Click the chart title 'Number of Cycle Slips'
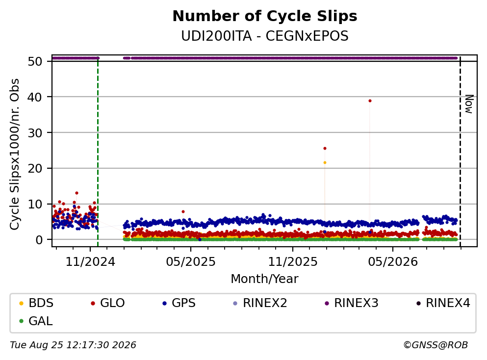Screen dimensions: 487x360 pos(265,16)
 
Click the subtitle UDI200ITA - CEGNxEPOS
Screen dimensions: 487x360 pos(265,36)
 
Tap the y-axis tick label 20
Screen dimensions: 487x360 pos(35,168)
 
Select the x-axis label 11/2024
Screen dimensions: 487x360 pos(90,262)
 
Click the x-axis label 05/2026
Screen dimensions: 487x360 pos(393,262)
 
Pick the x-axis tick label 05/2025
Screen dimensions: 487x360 pos(191,262)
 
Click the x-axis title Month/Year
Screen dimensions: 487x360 pos(265,279)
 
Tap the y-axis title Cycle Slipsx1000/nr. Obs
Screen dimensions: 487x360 pos(15,154)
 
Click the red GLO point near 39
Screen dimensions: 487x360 pos(370,101)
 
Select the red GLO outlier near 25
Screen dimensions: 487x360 pos(325,148)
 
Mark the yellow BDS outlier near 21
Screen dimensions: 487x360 pos(325,162)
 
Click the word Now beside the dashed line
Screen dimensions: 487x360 pos(469,104)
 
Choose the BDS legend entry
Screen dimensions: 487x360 pos(36,303)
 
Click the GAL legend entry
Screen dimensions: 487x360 pos(36,321)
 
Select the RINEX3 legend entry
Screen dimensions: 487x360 pos(351,303)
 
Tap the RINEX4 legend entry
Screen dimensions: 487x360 pos(443,303)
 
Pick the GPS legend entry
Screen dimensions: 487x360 pos(179,303)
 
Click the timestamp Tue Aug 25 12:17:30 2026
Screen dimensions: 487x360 pos(73,345)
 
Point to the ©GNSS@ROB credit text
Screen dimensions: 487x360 pos(436,345)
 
